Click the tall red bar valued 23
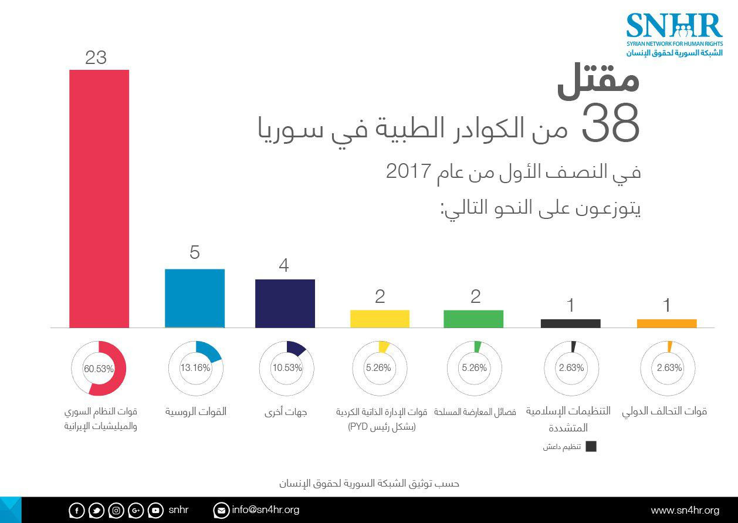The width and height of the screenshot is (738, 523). pos(99,198)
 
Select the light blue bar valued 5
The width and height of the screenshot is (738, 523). pos(195,298)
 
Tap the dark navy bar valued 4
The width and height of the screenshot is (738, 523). pos(285,303)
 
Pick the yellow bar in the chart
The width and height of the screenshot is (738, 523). pos(380,319)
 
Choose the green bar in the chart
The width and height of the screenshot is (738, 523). pos(473,319)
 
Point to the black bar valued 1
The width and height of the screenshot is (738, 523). pos(570,323)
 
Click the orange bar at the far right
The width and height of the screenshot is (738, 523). pos(666,323)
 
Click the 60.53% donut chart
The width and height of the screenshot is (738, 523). pos(99,368)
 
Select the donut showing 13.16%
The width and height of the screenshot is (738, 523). pos(195,368)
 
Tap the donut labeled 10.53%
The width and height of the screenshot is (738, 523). pos(287,368)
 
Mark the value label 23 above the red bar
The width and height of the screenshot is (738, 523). pos(96,58)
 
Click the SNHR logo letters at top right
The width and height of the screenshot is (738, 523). pos(673,26)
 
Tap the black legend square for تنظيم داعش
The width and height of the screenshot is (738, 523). pos(591,447)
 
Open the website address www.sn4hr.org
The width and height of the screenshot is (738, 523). pos(685,510)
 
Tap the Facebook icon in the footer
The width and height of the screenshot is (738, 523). pos(76,511)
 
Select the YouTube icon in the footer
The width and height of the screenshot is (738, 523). pos(155,511)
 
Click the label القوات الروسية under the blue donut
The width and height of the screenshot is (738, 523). pos(195,412)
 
